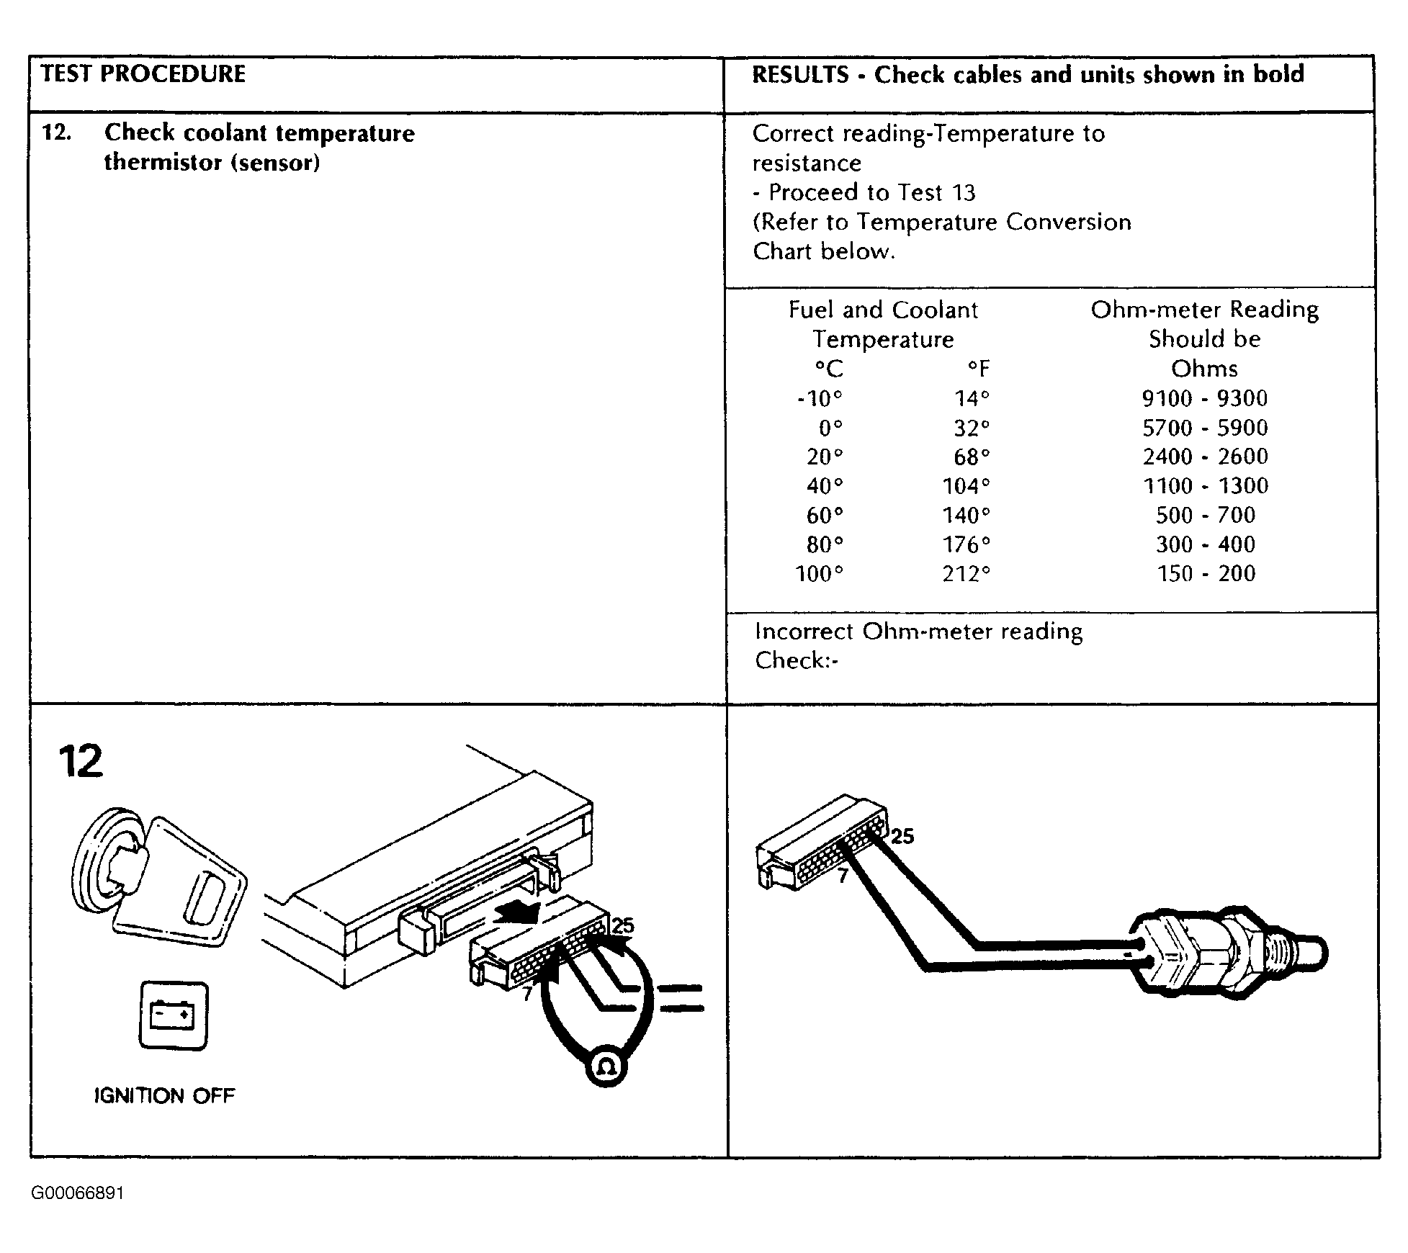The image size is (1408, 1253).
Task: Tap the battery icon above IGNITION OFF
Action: [173, 1015]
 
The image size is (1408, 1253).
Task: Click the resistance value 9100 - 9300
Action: [1205, 398]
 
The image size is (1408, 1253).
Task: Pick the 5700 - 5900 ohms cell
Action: [1205, 428]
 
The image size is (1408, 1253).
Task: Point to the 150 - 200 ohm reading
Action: [1206, 574]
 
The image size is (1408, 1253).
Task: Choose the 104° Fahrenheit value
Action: [967, 487]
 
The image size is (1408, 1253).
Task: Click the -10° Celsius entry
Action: [820, 398]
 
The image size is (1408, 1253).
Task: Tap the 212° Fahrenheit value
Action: [967, 574]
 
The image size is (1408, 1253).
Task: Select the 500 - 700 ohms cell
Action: [1206, 516]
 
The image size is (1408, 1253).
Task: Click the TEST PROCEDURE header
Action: [143, 74]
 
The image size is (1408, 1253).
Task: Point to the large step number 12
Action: [81, 762]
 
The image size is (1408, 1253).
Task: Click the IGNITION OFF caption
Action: [165, 1096]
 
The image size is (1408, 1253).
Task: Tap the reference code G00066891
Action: [78, 1193]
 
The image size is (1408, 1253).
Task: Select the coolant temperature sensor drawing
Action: [1224, 954]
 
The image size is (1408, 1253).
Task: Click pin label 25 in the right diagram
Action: [902, 837]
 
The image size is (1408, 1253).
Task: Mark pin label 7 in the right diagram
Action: [843, 876]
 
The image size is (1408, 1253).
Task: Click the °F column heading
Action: [978, 369]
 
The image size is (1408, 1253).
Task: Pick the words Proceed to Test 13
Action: [871, 193]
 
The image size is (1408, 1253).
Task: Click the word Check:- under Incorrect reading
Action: [797, 660]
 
